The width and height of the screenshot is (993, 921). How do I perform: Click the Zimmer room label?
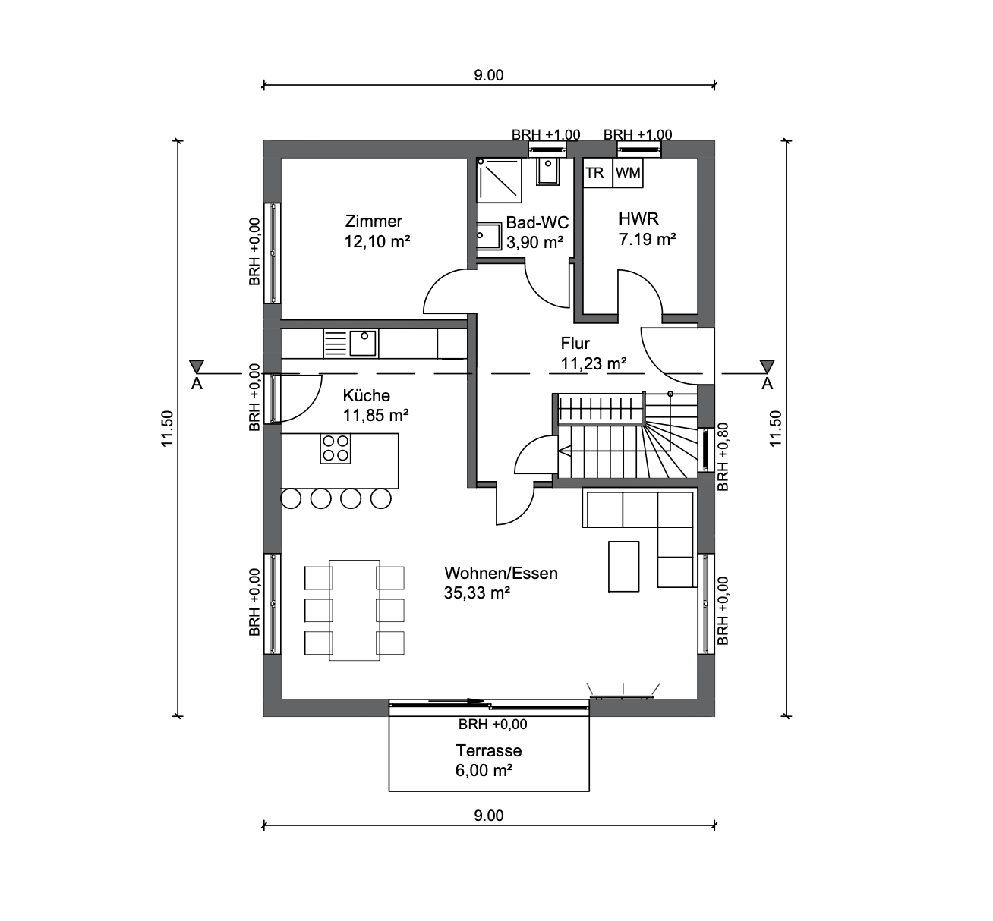point(374,221)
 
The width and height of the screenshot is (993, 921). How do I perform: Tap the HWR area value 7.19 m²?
point(648,240)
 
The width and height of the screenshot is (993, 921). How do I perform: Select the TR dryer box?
point(597,173)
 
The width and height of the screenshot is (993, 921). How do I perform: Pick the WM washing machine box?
point(628,173)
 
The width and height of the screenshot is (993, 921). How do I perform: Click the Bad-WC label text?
point(537,222)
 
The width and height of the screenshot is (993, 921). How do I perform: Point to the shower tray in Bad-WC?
point(499,180)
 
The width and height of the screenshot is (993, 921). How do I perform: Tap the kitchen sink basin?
point(362,343)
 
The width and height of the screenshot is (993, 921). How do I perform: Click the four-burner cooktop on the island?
point(336,448)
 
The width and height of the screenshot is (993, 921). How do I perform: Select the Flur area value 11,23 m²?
point(594,363)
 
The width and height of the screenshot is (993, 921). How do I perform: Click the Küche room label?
point(367,395)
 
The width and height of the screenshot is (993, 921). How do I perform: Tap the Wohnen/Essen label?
point(501,573)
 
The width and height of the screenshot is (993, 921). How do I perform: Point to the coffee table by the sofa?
point(623,566)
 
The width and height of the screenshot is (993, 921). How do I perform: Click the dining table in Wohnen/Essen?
point(355,610)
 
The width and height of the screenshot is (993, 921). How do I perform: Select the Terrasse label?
point(488,750)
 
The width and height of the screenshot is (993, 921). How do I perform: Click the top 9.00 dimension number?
point(488,75)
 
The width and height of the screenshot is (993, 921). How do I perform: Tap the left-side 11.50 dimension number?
point(167,429)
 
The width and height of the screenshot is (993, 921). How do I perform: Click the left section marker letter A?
point(197,383)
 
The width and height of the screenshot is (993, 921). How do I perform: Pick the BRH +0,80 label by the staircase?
point(723,457)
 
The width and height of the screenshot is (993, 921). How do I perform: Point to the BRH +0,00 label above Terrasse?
point(493,724)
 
